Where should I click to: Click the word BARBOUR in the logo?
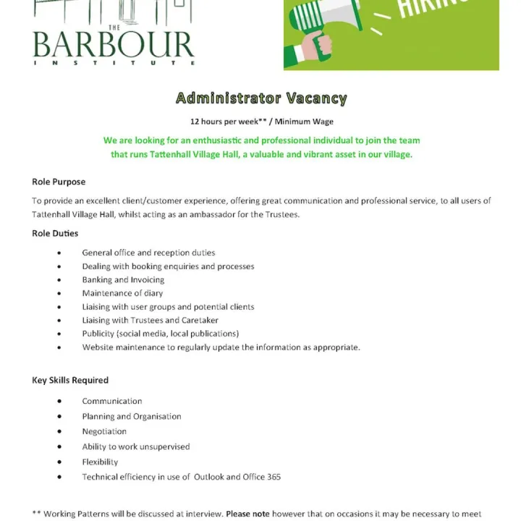click(113, 46)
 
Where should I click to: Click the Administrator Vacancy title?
click(261, 98)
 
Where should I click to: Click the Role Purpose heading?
click(59, 182)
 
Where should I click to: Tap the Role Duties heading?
click(55, 233)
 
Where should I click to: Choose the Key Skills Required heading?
click(70, 380)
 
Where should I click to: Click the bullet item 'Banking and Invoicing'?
click(123, 279)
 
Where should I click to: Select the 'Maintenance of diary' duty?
click(122, 293)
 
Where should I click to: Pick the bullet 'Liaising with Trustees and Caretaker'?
click(150, 320)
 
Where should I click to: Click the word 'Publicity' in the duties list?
click(98, 334)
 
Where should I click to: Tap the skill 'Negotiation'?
click(104, 431)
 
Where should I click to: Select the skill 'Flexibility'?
click(100, 462)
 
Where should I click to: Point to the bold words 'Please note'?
click(247, 514)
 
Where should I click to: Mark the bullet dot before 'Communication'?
click(59, 402)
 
